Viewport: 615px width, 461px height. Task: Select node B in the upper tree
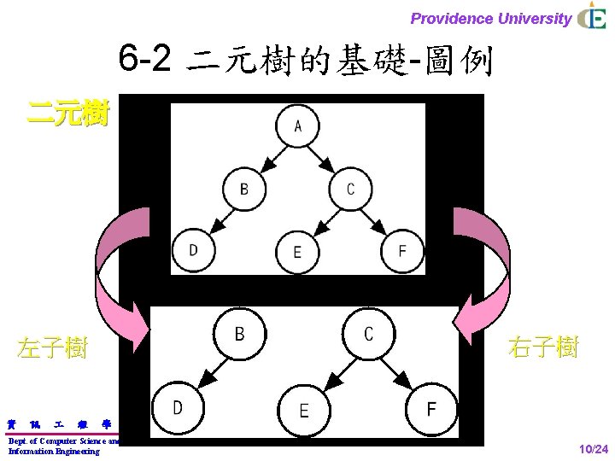[x=244, y=188]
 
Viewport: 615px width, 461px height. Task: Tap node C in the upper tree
[x=350, y=188]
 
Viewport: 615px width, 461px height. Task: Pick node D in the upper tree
[x=193, y=250]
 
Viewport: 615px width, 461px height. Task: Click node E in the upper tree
[x=297, y=252]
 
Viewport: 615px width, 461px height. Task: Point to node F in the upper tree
[x=402, y=250]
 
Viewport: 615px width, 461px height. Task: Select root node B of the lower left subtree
[x=240, y=334]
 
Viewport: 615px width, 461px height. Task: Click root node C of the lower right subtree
[x=368, y=334]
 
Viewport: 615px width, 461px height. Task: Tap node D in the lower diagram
[x=177, y=408]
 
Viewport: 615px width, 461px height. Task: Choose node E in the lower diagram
[x=304, y=411]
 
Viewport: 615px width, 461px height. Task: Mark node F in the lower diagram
[x=431, y=408]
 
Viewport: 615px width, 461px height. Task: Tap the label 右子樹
[x=543, y=347]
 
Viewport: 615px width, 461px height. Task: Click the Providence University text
[x=491, y=19]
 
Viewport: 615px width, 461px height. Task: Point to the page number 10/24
[x=593, y=449]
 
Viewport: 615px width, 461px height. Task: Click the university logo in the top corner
[x=592, y=17]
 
